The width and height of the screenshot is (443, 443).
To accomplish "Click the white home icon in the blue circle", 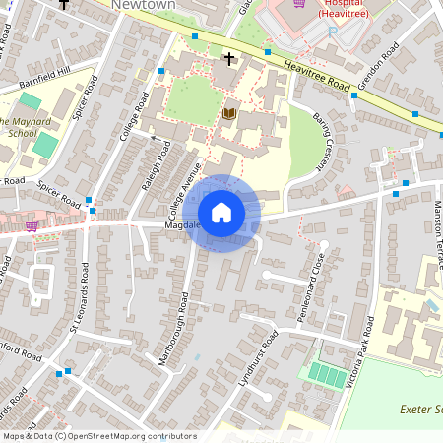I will pos(221,213).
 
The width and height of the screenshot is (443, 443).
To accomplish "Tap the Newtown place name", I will pos(144,5).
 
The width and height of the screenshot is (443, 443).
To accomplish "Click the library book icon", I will pos(229,114).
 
